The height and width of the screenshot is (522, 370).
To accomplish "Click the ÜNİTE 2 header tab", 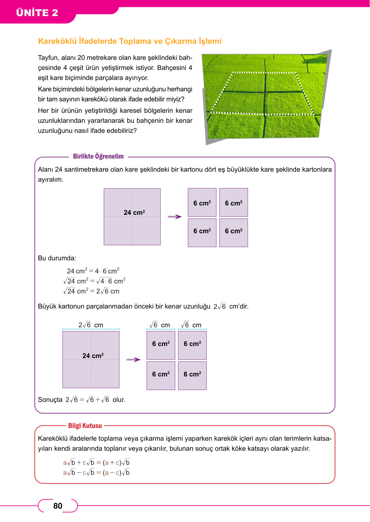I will (37, 13).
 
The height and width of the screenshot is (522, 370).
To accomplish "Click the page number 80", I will (58, 506).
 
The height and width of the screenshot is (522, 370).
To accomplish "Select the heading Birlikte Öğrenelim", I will (98, 156).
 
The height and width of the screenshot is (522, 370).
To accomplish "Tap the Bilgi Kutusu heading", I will (85, 426).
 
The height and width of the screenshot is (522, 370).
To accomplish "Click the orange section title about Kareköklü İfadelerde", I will (129, 41).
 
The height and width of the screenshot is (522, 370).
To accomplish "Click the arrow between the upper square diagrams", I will (175, 217).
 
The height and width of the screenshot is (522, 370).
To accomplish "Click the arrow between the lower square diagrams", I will (133, 360).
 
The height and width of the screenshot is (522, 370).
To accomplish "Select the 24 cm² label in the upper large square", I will (134, 212).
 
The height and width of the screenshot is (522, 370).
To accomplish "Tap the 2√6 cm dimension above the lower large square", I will (91, 325).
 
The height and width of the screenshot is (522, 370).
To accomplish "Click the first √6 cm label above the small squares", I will (160, 325).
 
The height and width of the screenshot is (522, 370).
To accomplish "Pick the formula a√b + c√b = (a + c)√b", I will (96, 462).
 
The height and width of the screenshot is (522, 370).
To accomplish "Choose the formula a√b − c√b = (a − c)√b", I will (96, 472).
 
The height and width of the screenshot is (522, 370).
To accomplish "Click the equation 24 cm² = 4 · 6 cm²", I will (93, 271).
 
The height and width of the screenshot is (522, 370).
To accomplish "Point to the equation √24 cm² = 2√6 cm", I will (91, 291).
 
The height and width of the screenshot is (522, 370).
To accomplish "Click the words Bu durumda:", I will (57, 258).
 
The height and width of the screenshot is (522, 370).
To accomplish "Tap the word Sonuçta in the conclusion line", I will (50, 400).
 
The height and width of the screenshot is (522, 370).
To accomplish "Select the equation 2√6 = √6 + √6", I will (88, 400).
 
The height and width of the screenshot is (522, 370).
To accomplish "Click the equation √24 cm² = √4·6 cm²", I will (94, 281).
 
